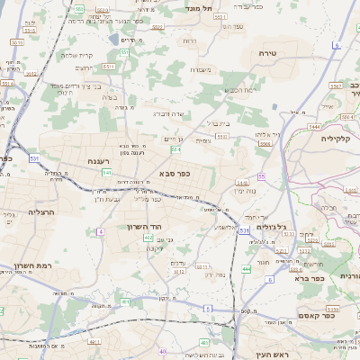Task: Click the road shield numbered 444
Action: [x=247, y=268]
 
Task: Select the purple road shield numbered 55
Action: [x=261, y=176]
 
